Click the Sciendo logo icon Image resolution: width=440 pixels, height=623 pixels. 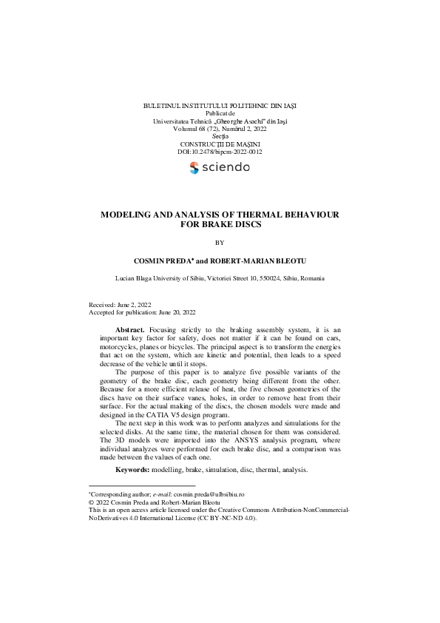[194, 167]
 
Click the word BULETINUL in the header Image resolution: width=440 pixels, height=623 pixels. [161, 106]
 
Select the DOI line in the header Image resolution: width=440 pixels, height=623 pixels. [220, 152]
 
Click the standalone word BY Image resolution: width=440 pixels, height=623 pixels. [220, 242]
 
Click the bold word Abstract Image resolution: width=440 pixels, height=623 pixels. [130, 329]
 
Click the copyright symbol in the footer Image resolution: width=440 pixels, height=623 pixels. [90, 502]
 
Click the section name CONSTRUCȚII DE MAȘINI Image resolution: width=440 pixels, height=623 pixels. [220, 144]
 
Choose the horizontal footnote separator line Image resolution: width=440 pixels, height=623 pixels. [141, 485]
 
